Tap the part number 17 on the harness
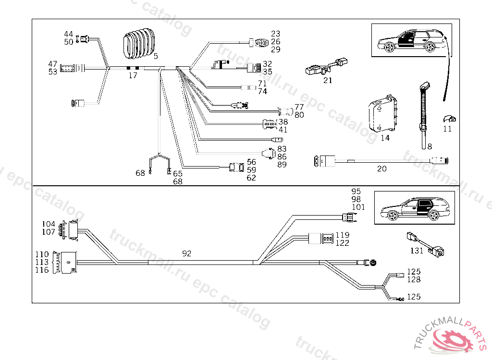pyautogui.click(x=133, y=75)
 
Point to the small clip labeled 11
pyautogui.click(x=449, y=119)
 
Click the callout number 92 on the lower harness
pyautogui.click(x=187, y=253)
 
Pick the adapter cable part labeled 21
pyautogui.click(x=327, y=66)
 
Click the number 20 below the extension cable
pyautogui.click(x=382, y=168)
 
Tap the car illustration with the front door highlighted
pyautogui.click(x=412, y=40)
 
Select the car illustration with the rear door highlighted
pyautogui.click(x=414, y=207)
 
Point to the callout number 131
pyautogui.click(x=417, y=251)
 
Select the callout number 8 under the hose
pyautogui.click(x=430, y=145)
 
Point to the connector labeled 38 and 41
pyautogui.click(x=270, y=125)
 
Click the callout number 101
pyautogui.click(x=358, y=207)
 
